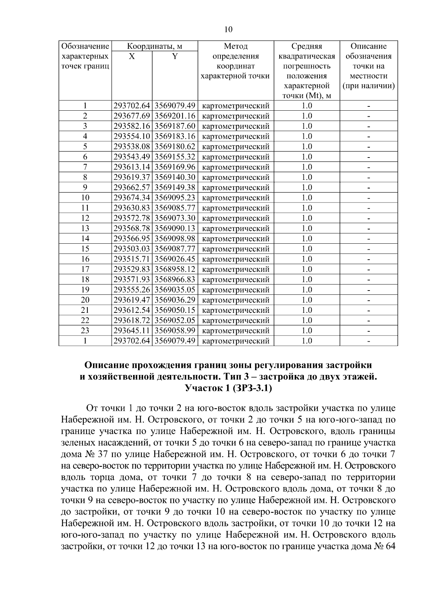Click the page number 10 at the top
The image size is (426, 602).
(228, 29)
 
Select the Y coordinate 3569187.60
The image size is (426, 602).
(175, 126)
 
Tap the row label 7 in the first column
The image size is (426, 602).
(85, 167)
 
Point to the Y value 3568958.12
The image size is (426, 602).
(175, 269)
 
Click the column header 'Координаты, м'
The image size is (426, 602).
(155, 46)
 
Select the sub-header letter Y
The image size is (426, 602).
(175, 56)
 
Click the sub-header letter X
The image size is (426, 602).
(132, 56)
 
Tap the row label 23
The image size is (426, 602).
(85, 331)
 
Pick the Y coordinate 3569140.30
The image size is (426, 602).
(175, 177)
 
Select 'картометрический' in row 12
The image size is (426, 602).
(236, 218)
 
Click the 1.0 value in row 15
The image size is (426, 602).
(307, 249)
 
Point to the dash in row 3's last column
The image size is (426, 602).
(369, 126)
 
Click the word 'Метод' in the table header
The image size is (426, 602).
(236, 46)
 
